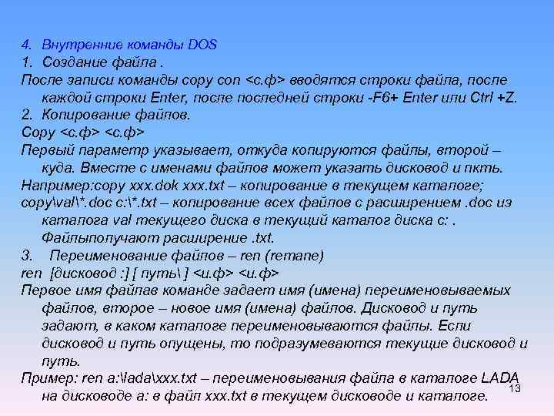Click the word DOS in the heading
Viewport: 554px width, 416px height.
(204, 45)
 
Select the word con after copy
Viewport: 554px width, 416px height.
(229, 80)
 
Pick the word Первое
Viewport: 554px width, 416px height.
(45, 291)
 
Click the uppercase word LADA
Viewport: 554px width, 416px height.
(500, 379)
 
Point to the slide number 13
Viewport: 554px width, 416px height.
(516, 388)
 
